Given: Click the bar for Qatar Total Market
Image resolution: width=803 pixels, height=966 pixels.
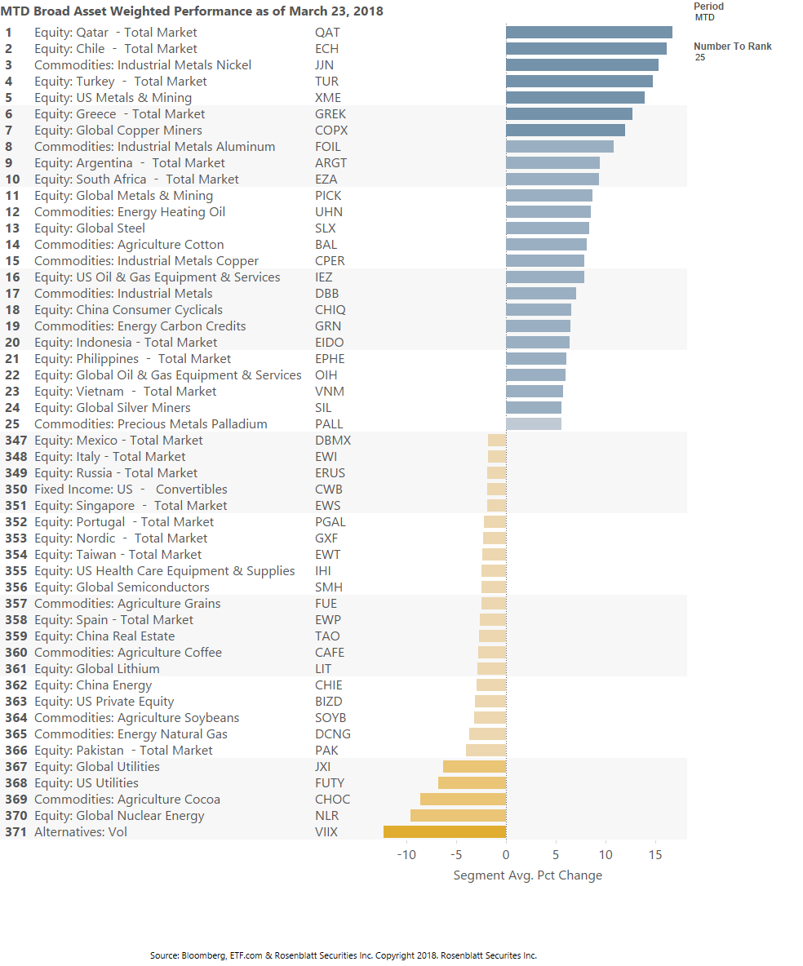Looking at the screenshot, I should click(x=588, y=33).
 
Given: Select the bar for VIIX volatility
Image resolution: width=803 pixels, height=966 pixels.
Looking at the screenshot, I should click(x=445, y=832).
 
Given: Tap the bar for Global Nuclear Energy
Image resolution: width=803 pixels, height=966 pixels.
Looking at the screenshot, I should click(x=458, y=816).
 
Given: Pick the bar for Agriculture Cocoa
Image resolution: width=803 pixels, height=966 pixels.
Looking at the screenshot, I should click(x=463, y=800).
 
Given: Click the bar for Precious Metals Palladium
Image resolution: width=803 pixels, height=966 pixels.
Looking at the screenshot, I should click(x=533, y=424).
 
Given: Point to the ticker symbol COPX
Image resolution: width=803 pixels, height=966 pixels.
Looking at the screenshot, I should click(x=331, y=131).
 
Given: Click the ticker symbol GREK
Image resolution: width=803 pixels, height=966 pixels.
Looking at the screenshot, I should click(x=331, y=114).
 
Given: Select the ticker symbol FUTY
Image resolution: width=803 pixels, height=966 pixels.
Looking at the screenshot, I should click(x=330, y=783).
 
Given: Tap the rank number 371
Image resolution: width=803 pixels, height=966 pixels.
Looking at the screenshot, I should click(x=16, y=832).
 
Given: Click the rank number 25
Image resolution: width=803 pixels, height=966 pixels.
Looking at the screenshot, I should click(x=12, y=424).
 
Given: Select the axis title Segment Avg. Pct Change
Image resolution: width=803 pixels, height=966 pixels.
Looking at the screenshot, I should click(x=527, y=875).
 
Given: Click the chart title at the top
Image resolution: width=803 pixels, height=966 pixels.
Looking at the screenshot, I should click(x=192, y=11).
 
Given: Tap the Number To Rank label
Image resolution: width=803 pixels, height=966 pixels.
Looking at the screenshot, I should click(x=732, y=47).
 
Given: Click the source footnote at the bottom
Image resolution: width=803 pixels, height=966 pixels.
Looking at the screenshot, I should click(x=344, y=955).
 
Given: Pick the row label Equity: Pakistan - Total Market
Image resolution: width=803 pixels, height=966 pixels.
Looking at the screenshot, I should click(x=123, y=751).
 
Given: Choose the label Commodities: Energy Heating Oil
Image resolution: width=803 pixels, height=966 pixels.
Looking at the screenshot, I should click(x=130, y=212).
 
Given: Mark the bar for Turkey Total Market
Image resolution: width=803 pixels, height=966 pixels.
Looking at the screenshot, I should click(x=579, y=82).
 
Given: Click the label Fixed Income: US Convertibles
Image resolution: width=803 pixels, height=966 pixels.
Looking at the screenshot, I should click(x=131, y=490).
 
